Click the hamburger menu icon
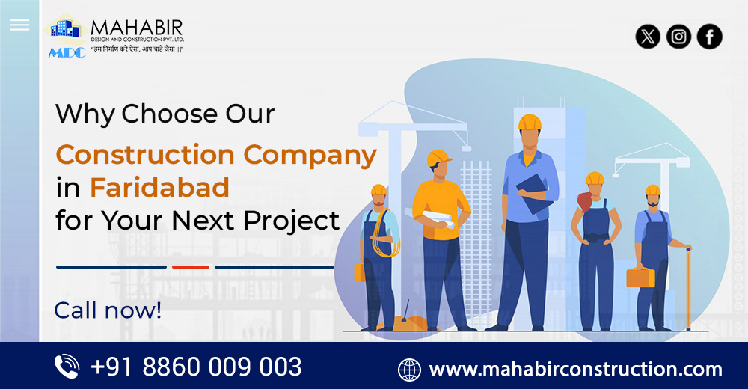[x=19, y=25]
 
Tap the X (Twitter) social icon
[x=648, y=37]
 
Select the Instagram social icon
[x=678, y=37]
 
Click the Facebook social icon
[x=709, y=37]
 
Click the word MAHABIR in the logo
[x=136, y=28]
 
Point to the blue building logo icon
[x=65, y=29]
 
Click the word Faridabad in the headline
[x=159, y=188]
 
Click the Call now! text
[x=108, y=310]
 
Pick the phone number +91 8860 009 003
[x=196, y=367]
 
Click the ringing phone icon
[x=67, y=367]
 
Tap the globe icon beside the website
[x=409, y=369]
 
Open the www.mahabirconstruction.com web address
[x=575, y=369]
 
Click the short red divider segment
[x=190, y=266]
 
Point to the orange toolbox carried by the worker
[x=640, y=277]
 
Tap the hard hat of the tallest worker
[x=530, y=122]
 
